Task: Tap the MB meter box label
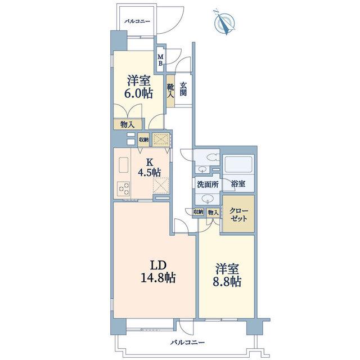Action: [161, 60]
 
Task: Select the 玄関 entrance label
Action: [183, 89]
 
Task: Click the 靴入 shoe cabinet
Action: [170, 91]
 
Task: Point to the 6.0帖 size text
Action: [139, 93]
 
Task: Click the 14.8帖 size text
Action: [158, 278]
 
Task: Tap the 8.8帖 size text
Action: [227, 281]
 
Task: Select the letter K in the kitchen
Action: [150, 163]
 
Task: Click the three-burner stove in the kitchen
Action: [124, 189]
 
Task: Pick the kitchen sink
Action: [124, 165]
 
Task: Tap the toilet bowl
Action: [213, 157]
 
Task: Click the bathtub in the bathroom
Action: [238, 164]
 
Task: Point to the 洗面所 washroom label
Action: [208, 184]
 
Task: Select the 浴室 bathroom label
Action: [238, 184]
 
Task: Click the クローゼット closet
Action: [238, 214]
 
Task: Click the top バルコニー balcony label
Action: [137, 21]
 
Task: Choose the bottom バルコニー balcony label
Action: [187, 343]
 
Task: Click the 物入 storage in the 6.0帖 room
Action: [128, 124]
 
